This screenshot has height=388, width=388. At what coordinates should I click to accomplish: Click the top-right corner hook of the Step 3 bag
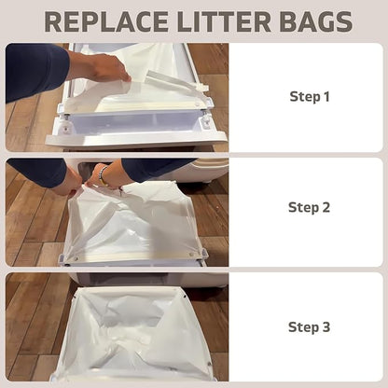[x=185, y=297]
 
